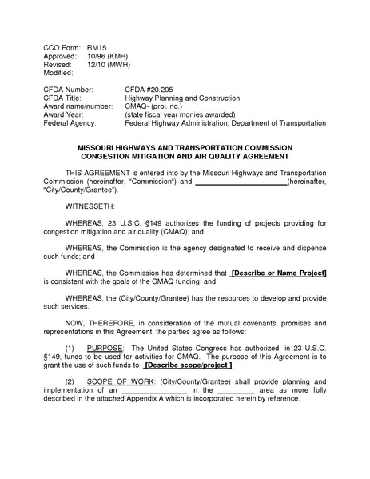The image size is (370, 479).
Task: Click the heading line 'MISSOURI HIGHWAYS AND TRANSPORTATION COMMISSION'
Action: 185,148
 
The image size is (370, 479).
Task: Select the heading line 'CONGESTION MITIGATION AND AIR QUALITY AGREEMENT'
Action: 185,157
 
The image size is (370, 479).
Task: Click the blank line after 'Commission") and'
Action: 241,182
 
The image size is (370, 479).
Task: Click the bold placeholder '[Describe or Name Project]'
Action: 279,273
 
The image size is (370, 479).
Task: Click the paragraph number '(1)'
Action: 70,349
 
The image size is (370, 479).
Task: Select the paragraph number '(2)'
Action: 70,382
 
